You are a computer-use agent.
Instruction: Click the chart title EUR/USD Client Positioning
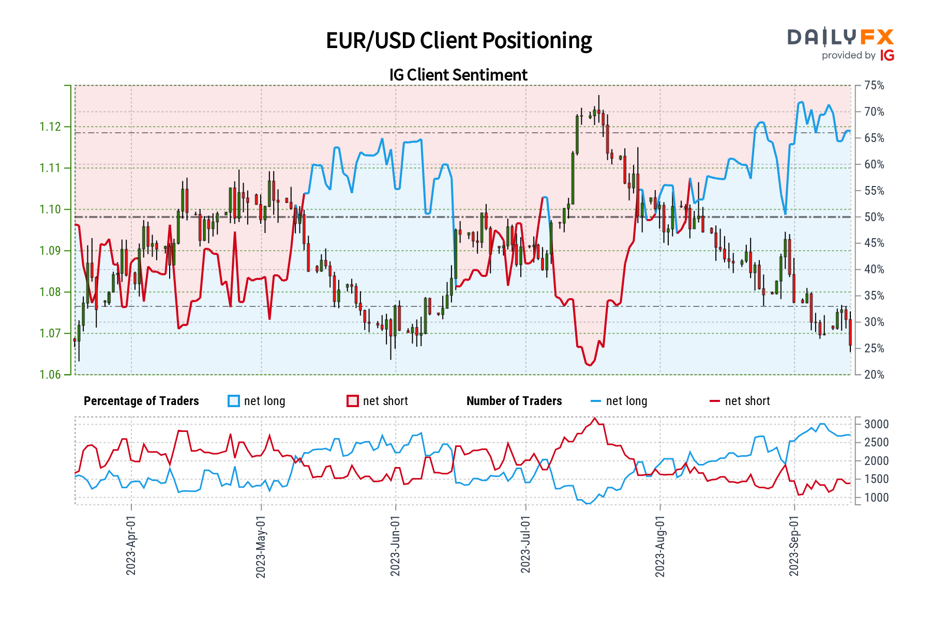[459, 40]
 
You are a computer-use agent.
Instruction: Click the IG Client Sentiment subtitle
[458, 75]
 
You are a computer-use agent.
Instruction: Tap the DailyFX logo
[840, 37]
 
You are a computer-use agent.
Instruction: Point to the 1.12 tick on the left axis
[50, 127]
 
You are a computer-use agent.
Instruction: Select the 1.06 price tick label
[50, 375]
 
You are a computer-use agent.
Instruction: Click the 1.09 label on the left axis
[50, 251]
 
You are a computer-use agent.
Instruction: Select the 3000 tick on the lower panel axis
[876, 424]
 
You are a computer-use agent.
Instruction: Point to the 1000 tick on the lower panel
[876, 498]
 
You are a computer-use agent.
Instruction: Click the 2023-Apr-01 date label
[131, 545]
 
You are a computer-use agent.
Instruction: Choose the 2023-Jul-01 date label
[525, 545]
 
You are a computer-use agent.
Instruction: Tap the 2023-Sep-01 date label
[794, 545]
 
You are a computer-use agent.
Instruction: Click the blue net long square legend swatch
[234, 401]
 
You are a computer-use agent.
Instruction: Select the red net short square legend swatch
[353, 401]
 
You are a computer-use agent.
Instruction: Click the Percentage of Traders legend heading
[141, 401]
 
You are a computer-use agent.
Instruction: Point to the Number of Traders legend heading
[514, 401]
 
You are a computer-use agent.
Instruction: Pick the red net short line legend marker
[714, 401]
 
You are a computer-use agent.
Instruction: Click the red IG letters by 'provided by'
[887, 55]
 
